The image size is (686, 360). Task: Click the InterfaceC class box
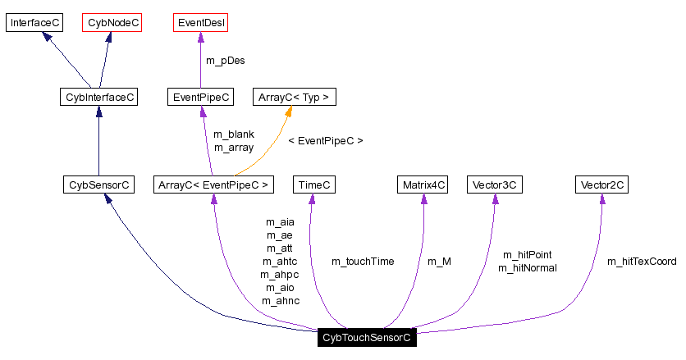pos(34,22)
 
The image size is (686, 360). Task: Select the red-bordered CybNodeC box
pos(112,22)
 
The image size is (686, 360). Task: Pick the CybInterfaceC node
pos(98,97)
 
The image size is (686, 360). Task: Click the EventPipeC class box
pos(200,97)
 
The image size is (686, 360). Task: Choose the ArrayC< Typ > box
pos(294,97)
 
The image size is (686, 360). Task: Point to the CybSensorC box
pos(98,185)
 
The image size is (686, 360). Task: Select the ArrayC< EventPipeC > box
pos(213,185)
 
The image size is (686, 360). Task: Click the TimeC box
pos(314,185)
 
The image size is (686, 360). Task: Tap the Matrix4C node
pos(423,185)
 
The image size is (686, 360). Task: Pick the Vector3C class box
pos(494,185)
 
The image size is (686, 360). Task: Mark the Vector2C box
pos(601,185)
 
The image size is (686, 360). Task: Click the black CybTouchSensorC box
pos(366,337)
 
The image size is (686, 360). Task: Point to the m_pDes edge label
pos(225,60)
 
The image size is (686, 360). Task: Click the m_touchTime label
pos(362,261)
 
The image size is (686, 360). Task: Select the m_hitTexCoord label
pos(642,261)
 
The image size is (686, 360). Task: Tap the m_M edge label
pos(439,261)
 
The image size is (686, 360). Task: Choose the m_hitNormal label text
pos(527,267)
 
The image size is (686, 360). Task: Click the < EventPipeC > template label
pos(325,140)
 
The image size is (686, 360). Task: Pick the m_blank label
pos(233,134)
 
